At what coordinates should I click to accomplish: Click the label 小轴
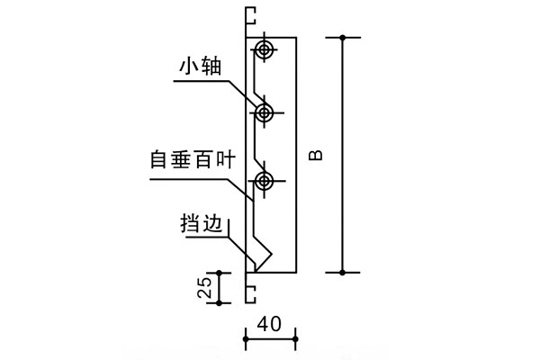(200, 65)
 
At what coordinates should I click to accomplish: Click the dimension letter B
(316, 155)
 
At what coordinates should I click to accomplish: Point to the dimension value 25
(204, 287)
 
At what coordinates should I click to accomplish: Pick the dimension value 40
(270, 321)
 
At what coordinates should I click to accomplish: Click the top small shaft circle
(264, 50)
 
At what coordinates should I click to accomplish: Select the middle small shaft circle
(264, 112)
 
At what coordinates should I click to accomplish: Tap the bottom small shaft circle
(264, 182)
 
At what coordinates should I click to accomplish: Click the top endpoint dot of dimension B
(342, 37)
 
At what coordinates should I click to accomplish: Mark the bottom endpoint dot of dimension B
(342, 272)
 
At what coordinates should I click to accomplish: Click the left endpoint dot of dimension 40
(246, 337)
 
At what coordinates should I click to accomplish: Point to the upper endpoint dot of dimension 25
(220, 272)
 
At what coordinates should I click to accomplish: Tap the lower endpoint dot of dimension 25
(220, 303)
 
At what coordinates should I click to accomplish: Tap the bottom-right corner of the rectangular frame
(296, 272)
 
